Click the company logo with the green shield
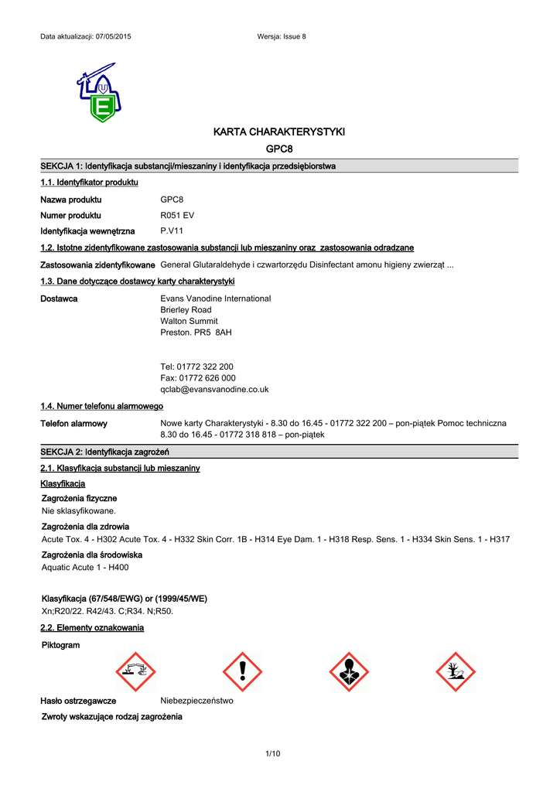click(x=98, y=92)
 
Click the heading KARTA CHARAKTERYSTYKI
click(x=279, y=132)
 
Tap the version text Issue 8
click(x=293, y=37)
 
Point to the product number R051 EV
click(x=177, y=216)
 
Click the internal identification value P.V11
click(x=172, y=231)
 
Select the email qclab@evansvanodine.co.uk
click(x=214, y=390)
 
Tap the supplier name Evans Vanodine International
click(x=215, y=299)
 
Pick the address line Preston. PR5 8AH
click(x=196, y=333)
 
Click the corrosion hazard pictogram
click(x=135, y=671)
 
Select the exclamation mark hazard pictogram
click(x=242, y=671)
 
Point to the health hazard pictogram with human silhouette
click(x=349, y=671)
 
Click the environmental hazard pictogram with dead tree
click(x=456, y=671)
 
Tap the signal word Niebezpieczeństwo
click(x=196, y=701)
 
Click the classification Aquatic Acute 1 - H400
click(x=85, y=568)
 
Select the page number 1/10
click(x=272, y=754)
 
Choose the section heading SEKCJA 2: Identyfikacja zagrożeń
click(x=104, y=452)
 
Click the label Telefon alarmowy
click(x=73, y=424)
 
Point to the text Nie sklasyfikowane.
click(x=78, y=511)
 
